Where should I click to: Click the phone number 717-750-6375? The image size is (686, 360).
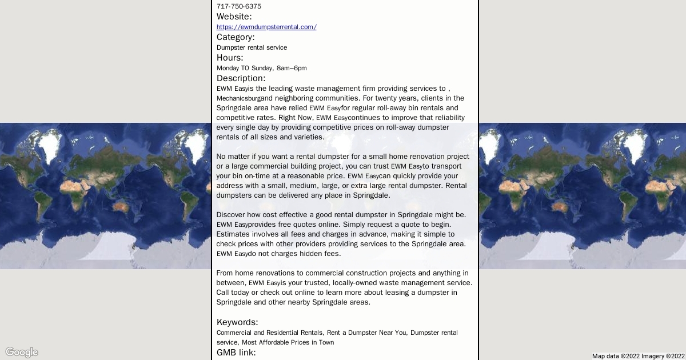click(x=239, y=6)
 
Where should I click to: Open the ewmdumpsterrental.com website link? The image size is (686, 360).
click(x=266, y=27)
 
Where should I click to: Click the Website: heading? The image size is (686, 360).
click(x=234, y=17)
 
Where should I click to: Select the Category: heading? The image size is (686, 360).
click(x=236, y=37)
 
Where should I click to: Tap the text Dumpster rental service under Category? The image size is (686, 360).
click(x=252, y=47)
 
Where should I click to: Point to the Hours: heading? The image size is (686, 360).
click(x=230, y=58)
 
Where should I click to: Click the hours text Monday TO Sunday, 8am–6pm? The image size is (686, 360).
click(x=261, y=68)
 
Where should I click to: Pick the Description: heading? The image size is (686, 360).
click(x=241, y=78)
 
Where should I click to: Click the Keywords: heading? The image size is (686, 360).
click(x=237, y=322)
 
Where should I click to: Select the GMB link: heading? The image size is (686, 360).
click(x=236, y=353)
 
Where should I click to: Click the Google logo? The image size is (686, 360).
click(x=22, y=352)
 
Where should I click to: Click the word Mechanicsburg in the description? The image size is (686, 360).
click(x=238, y=98)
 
